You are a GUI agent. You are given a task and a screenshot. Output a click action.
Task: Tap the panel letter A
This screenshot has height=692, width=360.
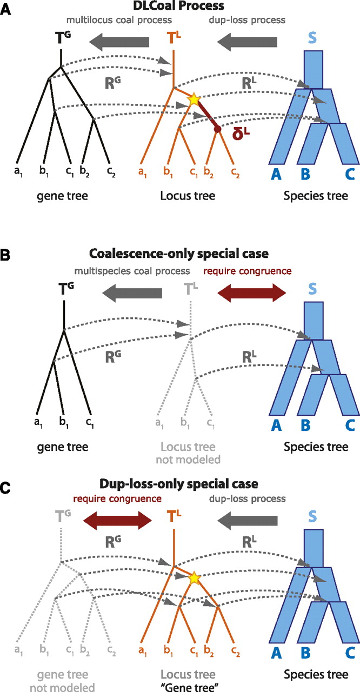tap(5, 9)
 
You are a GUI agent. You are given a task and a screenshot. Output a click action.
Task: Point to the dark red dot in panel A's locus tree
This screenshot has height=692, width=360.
tap(217, 129)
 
